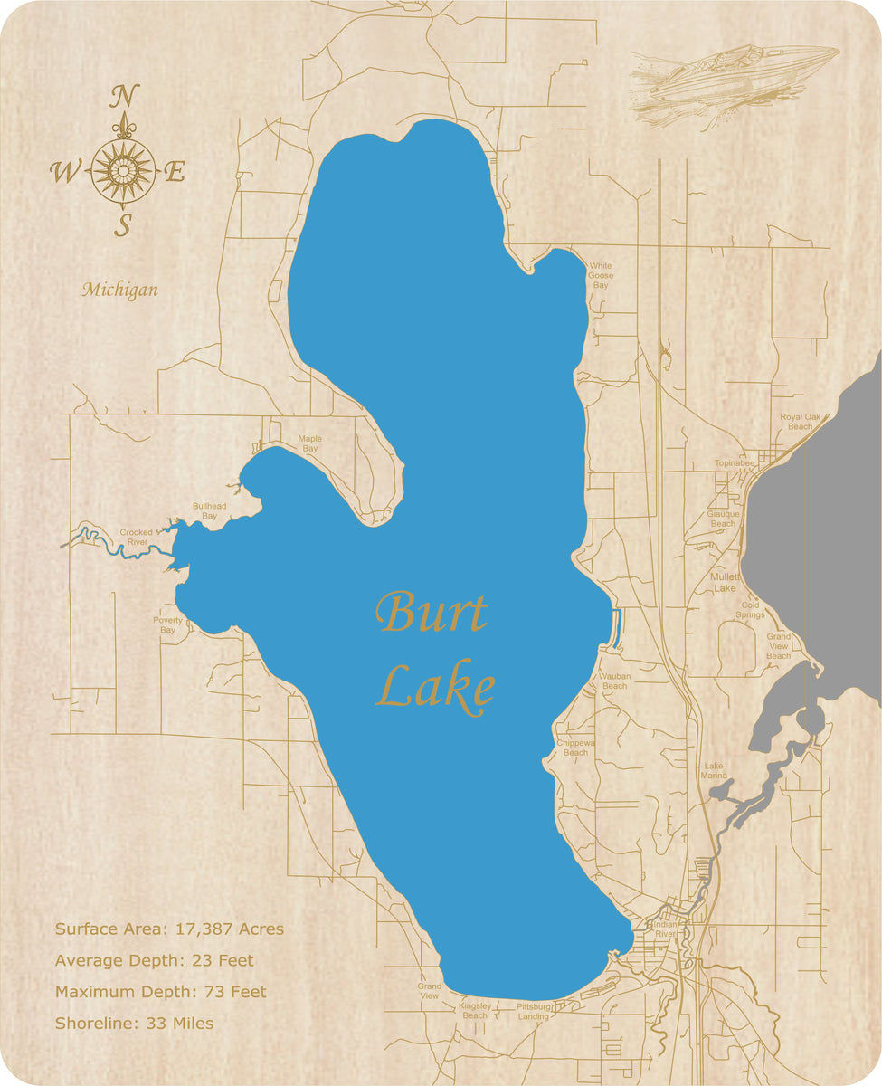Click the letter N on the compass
pos(125,95)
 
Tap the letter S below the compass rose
pos(124,224)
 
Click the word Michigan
pos(119,290)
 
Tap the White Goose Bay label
pos(601,275)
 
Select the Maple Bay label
pos(310,443)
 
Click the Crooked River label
pos(137,538)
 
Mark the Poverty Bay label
pos(167,624)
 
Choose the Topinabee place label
pos(735,462)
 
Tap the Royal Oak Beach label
pos(800,421)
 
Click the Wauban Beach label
pos(614,681)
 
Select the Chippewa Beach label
pos(575,748)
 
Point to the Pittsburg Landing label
pos(534,1012)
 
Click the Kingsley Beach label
pos(475,1010)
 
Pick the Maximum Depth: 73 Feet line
pos(161,992)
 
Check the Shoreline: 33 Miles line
pos(134,1024)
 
